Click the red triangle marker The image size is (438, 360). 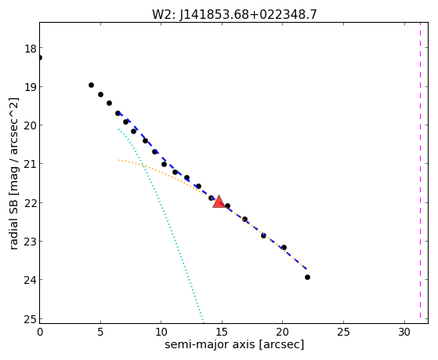click(x=219, y=202)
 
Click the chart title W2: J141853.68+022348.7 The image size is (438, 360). click(x=234, y=14)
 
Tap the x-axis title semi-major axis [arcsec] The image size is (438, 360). click(x=234, y=344)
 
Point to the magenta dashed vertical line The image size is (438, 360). click(x=420, y=173)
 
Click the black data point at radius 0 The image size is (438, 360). click(x=40, y=57)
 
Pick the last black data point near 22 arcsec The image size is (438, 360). click(x=307, y=277)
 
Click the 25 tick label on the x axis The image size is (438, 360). click(x=343, y=333)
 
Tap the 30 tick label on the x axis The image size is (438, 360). click(x=404, y=333)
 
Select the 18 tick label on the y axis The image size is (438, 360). click(x=31, y=49)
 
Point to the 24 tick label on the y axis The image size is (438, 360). click(x=31, y=280)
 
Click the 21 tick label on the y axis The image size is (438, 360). click(x=31, y=164)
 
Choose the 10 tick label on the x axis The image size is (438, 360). click(x=161, y=333)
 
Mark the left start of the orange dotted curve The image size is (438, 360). click(x=118, y=160)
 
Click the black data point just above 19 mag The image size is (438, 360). click(x=91, y=85)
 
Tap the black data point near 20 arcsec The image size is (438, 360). click(x=284, y=247)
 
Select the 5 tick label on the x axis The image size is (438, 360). click(x=100, y=333)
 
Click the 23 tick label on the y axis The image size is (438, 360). click(x=31, y=242)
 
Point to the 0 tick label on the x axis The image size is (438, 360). click(x=40, y=333)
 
